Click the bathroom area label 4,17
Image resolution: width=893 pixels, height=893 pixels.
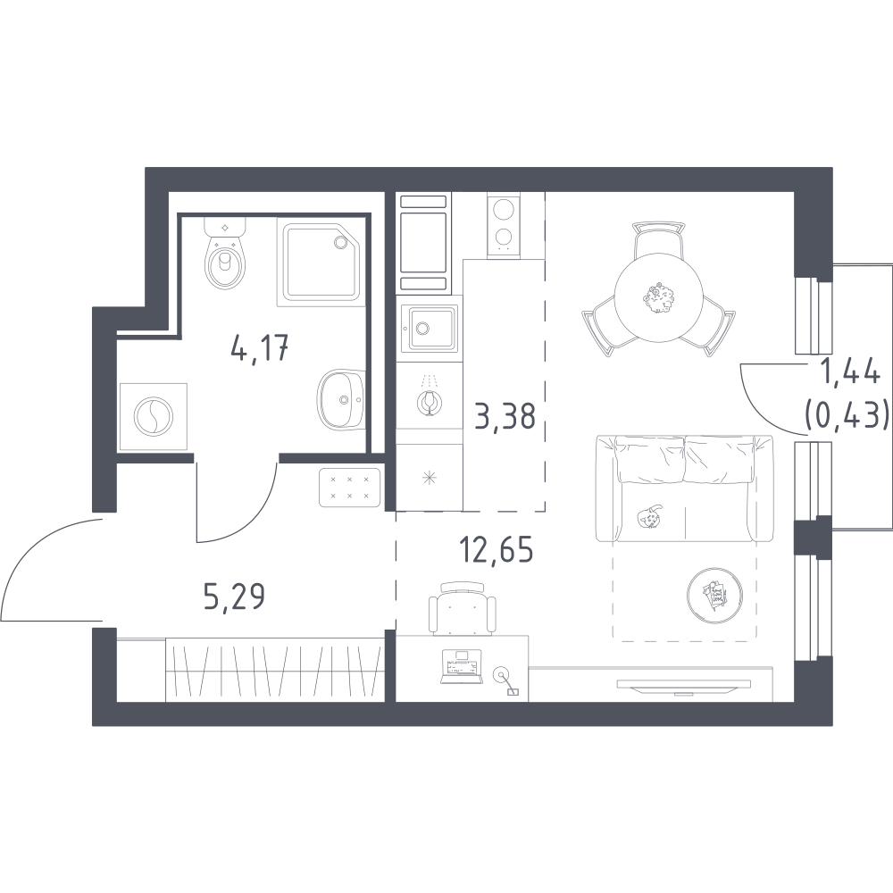[x=260, y=348]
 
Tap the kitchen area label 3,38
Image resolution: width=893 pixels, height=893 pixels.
[x=505, y=416]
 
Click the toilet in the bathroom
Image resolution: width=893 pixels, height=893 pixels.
[x=225, y=254]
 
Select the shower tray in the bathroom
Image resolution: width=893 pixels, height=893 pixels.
[x=321, y=262]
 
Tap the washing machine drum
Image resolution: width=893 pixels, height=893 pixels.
[x=153, y=416]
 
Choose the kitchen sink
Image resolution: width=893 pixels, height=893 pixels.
[x=429, y=328]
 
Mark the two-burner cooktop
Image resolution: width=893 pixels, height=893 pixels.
[x=504, y=225]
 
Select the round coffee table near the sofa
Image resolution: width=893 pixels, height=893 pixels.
[x=715, y=596]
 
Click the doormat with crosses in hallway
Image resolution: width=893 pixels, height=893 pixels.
[x=350, y=487]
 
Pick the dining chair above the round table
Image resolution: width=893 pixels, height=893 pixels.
[x=658, y=239]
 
